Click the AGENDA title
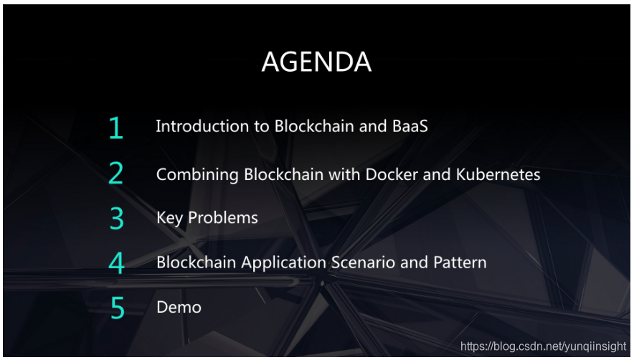[x=316, y=62]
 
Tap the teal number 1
[x=116, y=128]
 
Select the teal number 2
[x=115, y=173]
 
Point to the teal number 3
[x=117, y=219]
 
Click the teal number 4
[x=116, y=263]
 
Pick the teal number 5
[x=117, y=308]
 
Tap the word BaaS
[x=410, y=126]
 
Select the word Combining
[x=197, y=175]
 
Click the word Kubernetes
[x=498, y=174]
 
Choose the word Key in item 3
[x=169, y=219]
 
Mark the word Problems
[x=223, y=217]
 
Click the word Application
[x=283, y=263]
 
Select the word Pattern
[x=460, y=262]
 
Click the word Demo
[x=179, y=308]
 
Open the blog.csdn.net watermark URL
[x=543, y=346]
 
